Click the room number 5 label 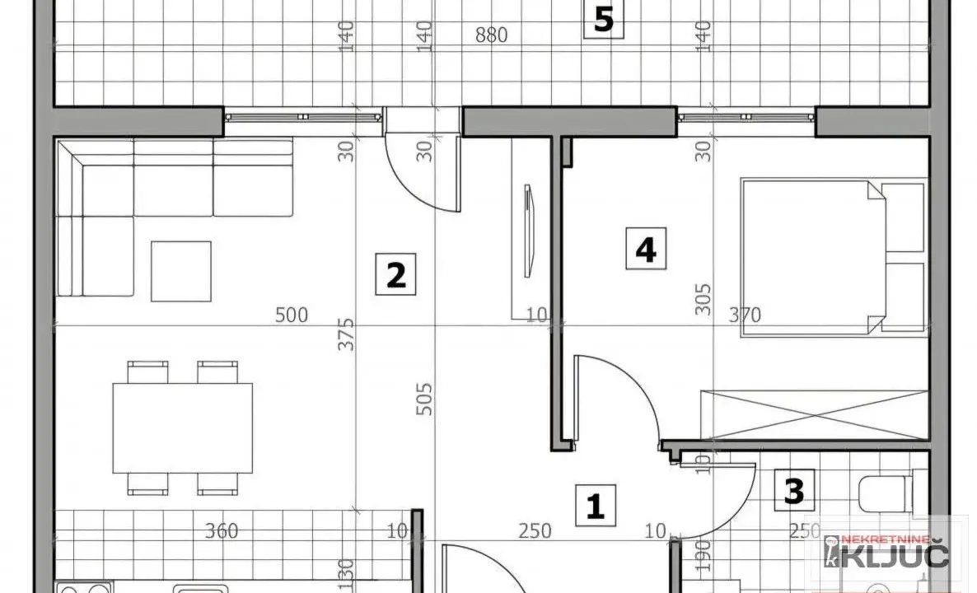(604, 19)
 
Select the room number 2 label (395, 274)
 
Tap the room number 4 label (645, 250)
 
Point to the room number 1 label (595, 505)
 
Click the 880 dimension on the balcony (491, 35)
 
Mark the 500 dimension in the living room (292, 315)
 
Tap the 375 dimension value (348, 334)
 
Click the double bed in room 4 (832, 258)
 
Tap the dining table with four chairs (182, 428)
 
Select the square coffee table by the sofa (180, 270)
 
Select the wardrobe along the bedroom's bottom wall (812, 413)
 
